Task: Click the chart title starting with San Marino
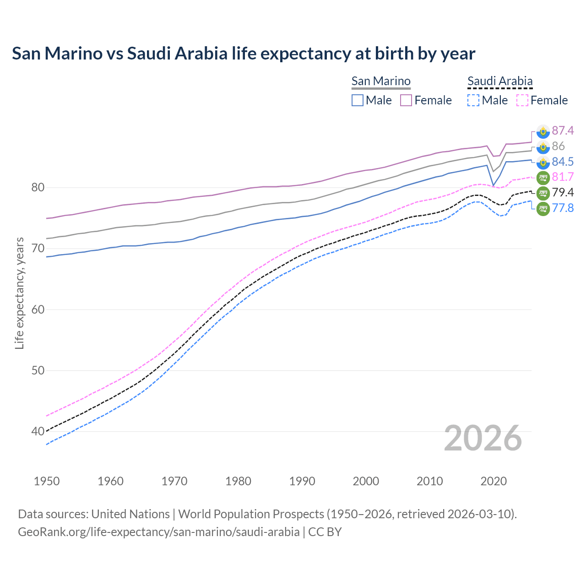point(243,54)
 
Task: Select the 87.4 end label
point(563,131)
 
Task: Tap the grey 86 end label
point(559,146)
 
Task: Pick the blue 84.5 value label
point(563,162)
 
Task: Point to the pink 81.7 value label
point(563,177)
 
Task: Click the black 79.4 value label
point(563,192)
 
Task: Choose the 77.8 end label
point(563,208)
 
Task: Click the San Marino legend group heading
point(381,81)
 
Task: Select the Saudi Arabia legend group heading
point(500,81)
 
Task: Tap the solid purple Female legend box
point(406,100)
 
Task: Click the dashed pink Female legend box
point(522,100)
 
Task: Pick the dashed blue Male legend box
point(473,100)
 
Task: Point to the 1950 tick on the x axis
point(47,481)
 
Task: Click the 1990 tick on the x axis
point(302,481)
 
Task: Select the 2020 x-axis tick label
point(494,481)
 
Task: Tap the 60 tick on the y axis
point(38,309)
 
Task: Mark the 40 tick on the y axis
point(38,431)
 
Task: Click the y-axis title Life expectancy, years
point(19,293)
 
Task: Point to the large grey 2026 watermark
point(483,438)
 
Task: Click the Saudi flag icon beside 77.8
point(543,208)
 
